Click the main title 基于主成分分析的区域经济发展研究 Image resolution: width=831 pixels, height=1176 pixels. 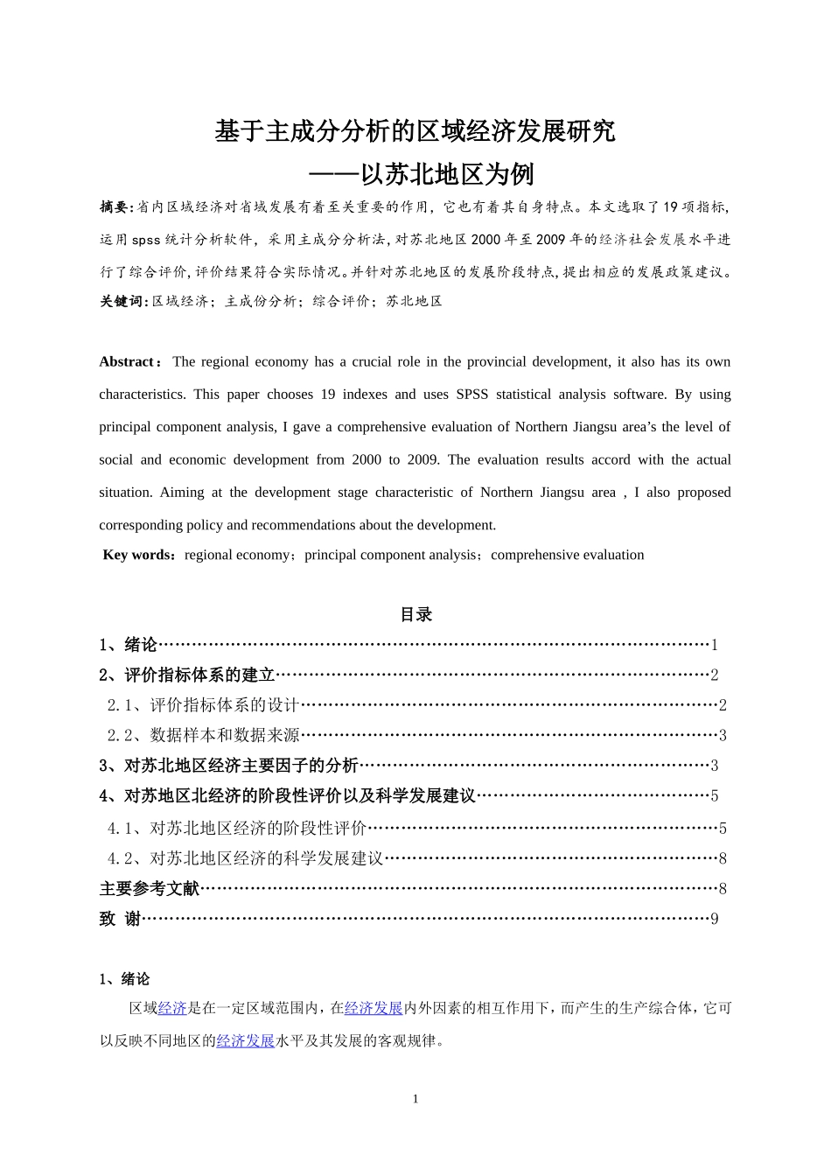coord(415,131)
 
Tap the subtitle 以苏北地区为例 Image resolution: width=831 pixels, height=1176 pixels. coord(446,175)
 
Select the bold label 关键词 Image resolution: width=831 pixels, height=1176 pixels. coord(122,301)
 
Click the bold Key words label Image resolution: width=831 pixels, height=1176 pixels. coord(138,555)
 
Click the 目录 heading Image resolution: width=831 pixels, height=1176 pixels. coord(415,614)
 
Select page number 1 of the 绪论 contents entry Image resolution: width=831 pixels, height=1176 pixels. coord(714,645)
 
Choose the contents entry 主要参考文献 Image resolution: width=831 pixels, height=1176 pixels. coord(150,888)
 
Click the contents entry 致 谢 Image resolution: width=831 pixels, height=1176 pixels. coord(120,918)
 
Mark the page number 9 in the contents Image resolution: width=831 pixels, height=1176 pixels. coord(714,919)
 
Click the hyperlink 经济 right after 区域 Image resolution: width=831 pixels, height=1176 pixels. coord(172,1008)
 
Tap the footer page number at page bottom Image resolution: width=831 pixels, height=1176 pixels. coord(415,1099)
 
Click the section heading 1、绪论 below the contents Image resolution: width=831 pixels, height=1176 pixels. coord(124,978)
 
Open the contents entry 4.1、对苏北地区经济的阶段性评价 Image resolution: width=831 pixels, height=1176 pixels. coord(237,828)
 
